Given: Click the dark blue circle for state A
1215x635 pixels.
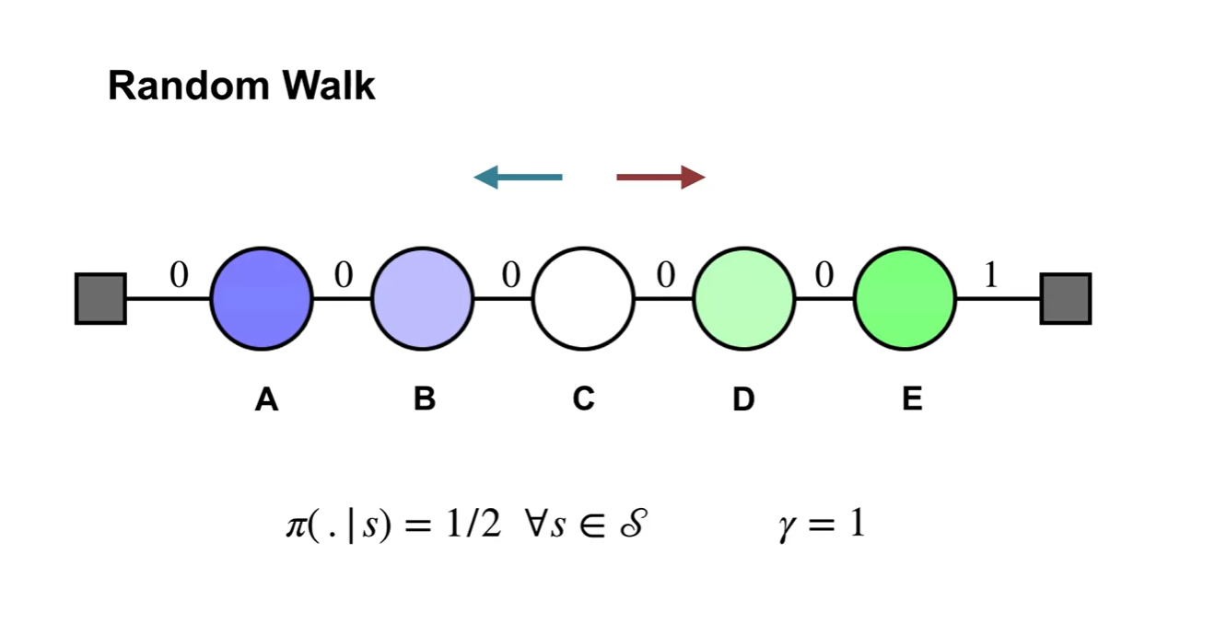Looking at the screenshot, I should pos(262,298).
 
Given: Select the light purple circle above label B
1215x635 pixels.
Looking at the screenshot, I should pos(422,298).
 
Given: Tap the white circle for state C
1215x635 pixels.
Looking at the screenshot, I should pos(583,298).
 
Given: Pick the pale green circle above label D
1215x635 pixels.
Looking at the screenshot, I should pos(743,298).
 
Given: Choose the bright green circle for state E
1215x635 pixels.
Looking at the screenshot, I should pos(905,298).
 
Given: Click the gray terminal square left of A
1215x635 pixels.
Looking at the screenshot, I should pos(100,298).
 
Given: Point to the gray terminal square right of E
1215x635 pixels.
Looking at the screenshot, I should pos(1066,298).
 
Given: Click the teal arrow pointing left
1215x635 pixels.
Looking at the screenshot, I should pos(518,177).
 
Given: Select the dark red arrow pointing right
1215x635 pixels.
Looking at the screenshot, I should pos(660,177).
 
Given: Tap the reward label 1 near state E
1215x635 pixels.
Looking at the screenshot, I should pos(991,275).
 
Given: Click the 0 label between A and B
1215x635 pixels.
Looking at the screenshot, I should pos(343,275).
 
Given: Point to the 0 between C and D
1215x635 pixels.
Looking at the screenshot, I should pos(664,275).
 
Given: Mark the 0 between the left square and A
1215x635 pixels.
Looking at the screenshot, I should pos(179,275).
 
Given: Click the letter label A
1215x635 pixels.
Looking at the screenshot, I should pos(266,399).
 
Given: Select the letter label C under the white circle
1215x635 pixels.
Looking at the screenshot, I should pos(583,399).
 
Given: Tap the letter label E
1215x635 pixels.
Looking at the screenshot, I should pos(912,399).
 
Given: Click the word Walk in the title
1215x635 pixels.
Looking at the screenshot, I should pos(329,87).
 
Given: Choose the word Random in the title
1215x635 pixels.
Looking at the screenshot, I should pos(189,87).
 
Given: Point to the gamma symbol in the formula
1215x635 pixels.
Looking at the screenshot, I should pos(789,527).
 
